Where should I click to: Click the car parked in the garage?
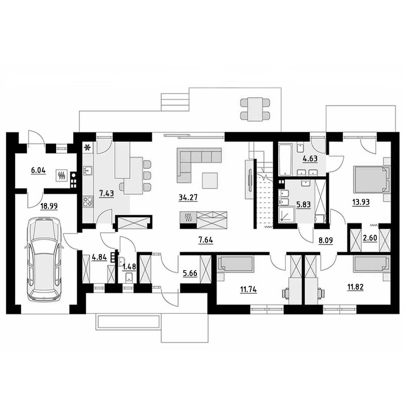click(44, 260)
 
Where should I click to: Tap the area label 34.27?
click(188, 197)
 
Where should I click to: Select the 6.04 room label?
click(38, 170)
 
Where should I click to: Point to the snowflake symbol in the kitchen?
click(88, 147)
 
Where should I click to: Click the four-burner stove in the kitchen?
click(88, 201)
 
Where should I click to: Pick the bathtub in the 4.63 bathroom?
click(285, 160)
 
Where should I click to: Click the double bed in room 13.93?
click(371, 179)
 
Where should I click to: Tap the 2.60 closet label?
click(370, 238)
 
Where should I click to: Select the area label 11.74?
click(248, 289)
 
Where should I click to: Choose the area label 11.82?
click(356, 287)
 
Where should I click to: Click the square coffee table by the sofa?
click(210, 181)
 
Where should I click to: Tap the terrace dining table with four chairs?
click(255, 109)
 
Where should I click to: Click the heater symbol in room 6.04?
click(62, 175)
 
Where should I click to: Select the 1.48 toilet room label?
click(129, 267)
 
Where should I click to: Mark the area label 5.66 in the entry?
click(190, 273)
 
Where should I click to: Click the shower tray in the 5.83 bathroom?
click(287, 214)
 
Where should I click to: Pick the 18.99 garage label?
click(49, 206)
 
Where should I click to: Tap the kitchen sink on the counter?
click(87, 171)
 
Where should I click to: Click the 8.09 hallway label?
click(326, 240)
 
